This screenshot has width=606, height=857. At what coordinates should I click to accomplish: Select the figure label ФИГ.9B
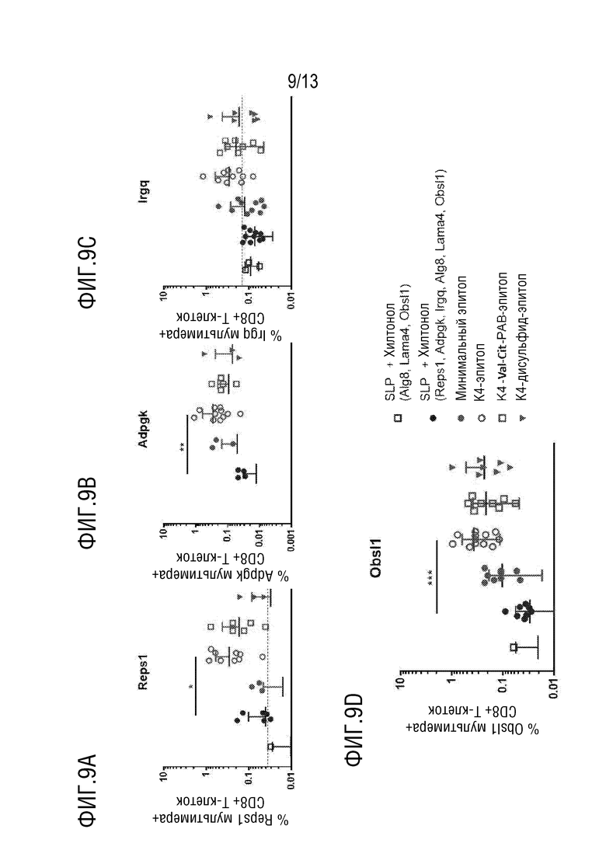[x=89, y=514]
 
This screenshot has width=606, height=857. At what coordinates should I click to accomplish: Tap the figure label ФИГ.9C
[x=89, y=273]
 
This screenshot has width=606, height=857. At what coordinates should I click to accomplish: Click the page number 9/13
[x=303, y=81]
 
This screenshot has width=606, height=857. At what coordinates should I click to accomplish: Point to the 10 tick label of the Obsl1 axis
[x=402, y=681]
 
